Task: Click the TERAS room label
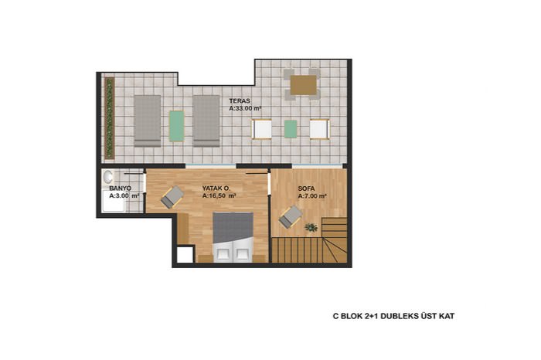coord(240,101)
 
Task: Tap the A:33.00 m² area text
coord(245,108)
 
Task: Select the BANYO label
coord(120,188)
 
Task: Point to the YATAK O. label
coord(216,188)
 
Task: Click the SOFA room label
coord(306,188)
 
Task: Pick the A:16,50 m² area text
coord(219,195)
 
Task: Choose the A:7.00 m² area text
coord(312,196)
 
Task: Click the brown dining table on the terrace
coord(303,85)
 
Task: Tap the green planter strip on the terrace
coord(110,118)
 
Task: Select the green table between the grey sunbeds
coord(177,126)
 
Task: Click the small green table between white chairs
coord(291,129)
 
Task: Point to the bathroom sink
coord(108,177)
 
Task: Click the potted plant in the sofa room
coord(311,227)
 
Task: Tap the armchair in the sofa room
coord(291,216)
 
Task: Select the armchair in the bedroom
coord(172,197)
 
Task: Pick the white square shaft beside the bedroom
coord(185,255)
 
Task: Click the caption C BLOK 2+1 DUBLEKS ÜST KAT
coord(393,316)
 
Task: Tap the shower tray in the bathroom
coord(114,200)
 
